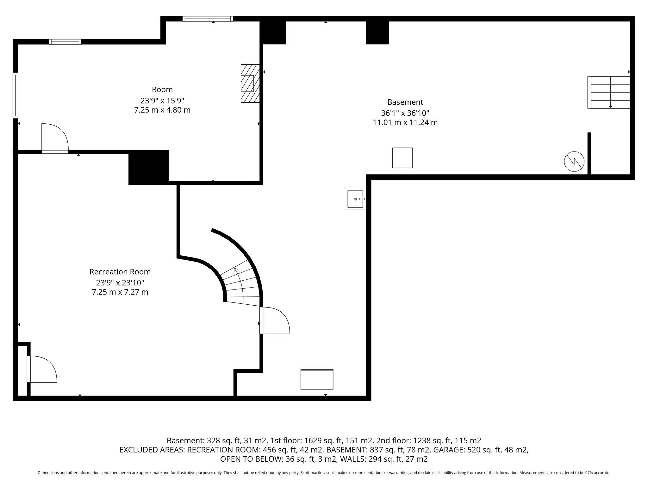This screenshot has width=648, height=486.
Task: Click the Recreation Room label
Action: click(x=120, y=272)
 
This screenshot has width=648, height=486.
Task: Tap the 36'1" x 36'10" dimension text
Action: click(x=405, y=113)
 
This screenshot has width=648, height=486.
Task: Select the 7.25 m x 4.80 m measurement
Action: click(x=162, y=110)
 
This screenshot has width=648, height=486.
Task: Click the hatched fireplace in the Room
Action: click(x=250, y=84)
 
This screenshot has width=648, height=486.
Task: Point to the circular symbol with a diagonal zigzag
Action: click(x=574, y=162)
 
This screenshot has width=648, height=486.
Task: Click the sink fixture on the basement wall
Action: click(x=356, y=199)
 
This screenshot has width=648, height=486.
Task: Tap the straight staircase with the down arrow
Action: click(x=609, y=92)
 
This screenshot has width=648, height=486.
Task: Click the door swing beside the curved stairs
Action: click(x=275, y=320)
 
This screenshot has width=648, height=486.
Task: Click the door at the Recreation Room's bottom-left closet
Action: click(x=42, y=369)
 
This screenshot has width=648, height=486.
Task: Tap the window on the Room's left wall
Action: click(x=15, y=96)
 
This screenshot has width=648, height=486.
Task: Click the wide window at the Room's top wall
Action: click(x=208, y=19)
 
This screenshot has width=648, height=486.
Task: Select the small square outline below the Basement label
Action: click(x=402, y=158)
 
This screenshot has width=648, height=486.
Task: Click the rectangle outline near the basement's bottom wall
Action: click(x=317, y=379)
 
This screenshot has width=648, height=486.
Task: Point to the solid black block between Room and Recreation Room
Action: click(x=148, y=167)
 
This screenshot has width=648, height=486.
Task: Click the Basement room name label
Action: click(x=405, y=102)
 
